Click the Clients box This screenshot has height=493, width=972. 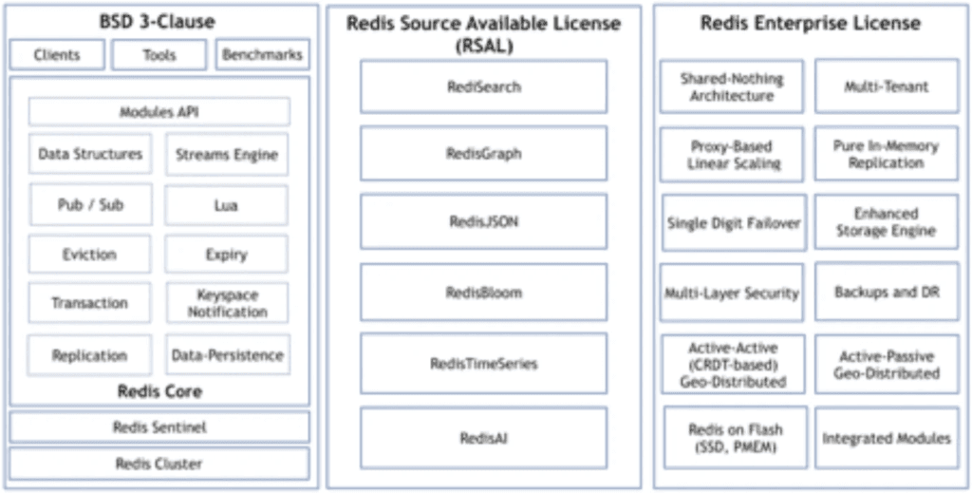(57, 54)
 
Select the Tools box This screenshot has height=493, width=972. (159, 54)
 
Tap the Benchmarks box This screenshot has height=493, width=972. (262, 54)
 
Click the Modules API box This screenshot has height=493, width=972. (159, 112)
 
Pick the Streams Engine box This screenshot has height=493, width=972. (227, 154)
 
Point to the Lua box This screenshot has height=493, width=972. (226, 204)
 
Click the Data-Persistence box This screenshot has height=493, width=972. (228, 354)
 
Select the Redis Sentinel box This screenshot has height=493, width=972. (159, 427)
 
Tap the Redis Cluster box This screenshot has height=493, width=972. (159, 464)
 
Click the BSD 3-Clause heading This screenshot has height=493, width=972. (158, 22)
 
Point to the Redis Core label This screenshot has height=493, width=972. (159, 392)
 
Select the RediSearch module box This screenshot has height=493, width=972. (483, 86)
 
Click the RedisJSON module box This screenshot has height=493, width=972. (483, 221)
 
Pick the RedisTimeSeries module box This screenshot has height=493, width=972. (483, 364)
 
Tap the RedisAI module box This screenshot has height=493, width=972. (483, 438)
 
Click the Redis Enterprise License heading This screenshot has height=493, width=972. (811, 24)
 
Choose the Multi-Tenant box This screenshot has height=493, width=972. (887, 86)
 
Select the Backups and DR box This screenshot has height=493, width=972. (887, 292)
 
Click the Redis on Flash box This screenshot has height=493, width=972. (736, 437)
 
